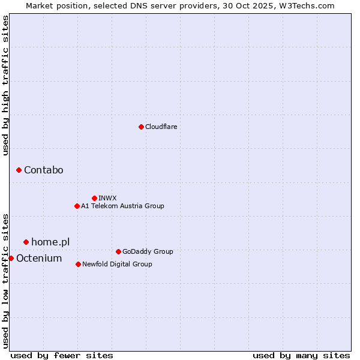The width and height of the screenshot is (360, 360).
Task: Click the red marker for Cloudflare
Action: point(141,127)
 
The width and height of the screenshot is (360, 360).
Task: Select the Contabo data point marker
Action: point(19,170)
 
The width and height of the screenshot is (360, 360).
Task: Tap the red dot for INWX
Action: point(94,198)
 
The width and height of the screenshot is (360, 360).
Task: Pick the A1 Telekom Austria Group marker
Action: point(77,206)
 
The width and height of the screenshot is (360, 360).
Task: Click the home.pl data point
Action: point(26,242)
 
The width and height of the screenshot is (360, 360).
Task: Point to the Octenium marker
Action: point(11,258)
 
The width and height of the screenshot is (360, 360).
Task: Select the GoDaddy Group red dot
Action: point(118,251)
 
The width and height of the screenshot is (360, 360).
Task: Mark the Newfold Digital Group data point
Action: point(78,264)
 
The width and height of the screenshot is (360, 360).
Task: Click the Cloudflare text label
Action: point(161,127)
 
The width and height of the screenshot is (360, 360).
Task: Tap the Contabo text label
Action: point(43,170)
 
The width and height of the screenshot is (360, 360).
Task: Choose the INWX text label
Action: point(107,198)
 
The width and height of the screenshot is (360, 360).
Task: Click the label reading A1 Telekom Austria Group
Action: point(122,206)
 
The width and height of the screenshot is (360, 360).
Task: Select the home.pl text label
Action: point(50,242)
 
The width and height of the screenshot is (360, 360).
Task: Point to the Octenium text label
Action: point(39,258)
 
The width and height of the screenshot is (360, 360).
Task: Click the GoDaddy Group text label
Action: point(148,251)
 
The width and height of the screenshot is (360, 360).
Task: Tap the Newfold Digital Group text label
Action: point(117,264)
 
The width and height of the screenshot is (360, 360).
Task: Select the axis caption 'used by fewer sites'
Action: point(62,355)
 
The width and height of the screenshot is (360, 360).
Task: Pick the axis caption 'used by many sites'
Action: point(301,355)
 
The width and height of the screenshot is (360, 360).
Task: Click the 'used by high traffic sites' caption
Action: point(6,85)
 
